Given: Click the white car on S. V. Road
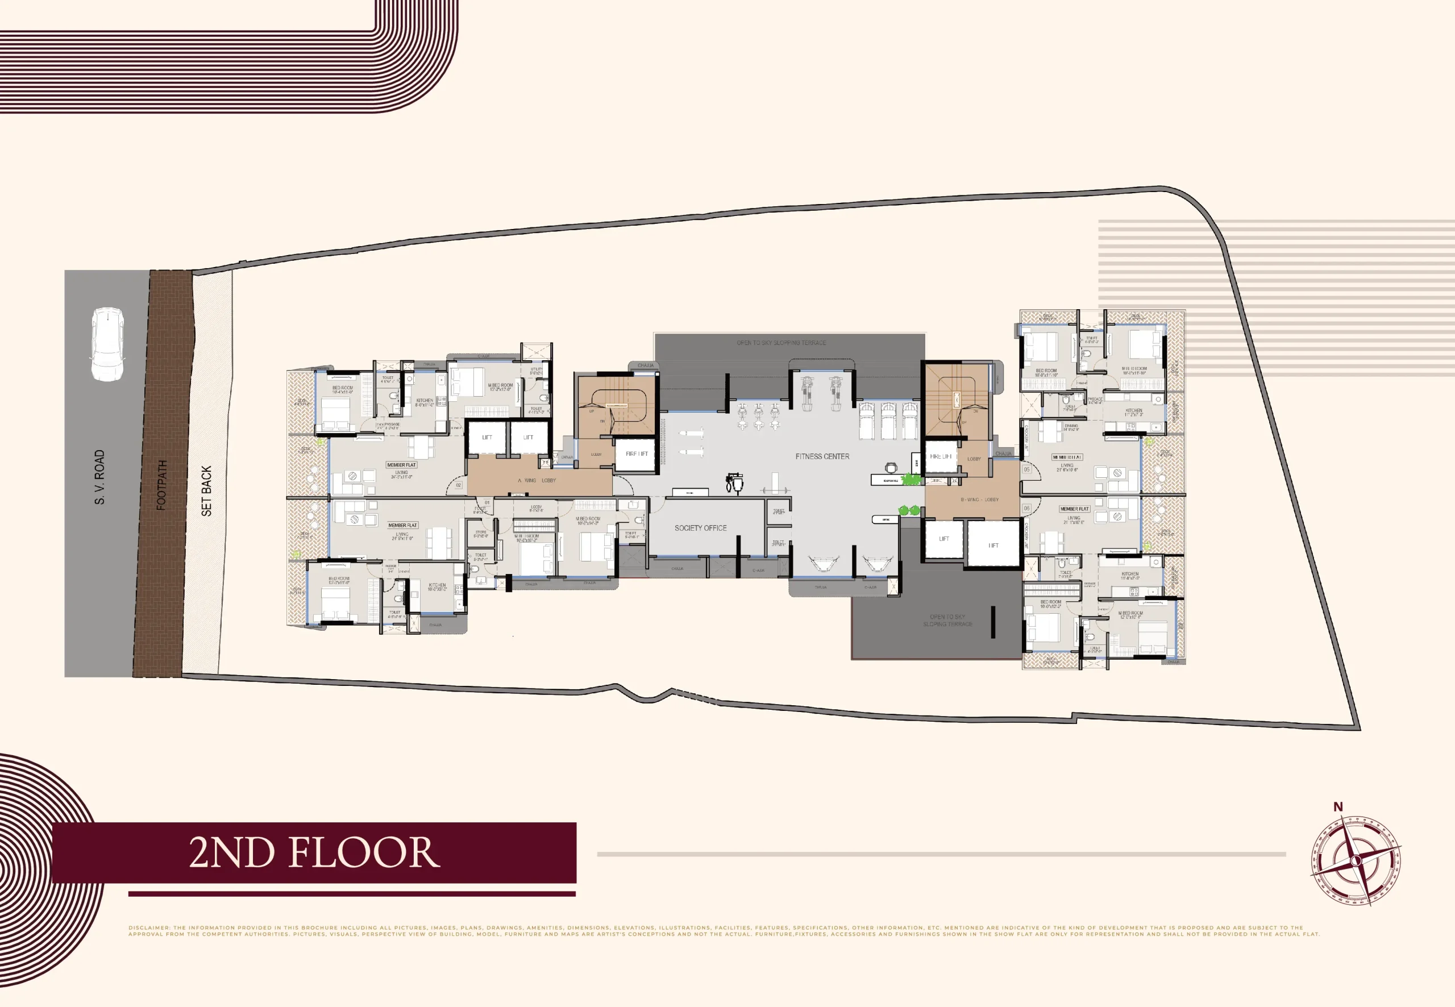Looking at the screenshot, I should (x=107, y=344).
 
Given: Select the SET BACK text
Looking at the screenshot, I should (x=206, y=491).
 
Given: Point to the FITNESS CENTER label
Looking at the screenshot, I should (x=822, y=456).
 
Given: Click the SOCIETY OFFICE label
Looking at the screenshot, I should (x=700, y=527).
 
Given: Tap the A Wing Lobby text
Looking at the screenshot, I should (x=537, y=480).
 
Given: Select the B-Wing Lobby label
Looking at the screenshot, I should (x=979, y=499).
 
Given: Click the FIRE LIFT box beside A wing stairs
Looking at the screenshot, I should (x=637, y=453).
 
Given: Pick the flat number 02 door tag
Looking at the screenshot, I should (x=459, y=485).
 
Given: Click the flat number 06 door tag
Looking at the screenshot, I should (x=1026, y=508).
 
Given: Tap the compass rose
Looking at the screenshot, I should (x=1356, y=860).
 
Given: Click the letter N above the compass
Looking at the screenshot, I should (x=1338, y=806).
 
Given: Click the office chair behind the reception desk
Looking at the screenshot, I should (x=890, y=468).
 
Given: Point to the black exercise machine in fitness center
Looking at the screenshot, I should (x=734, y=482).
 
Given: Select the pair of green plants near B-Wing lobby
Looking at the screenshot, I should (x=909, y=510).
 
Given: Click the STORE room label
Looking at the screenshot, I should (x=481, y=533).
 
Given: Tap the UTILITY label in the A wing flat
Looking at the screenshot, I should (x=537, y=371).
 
